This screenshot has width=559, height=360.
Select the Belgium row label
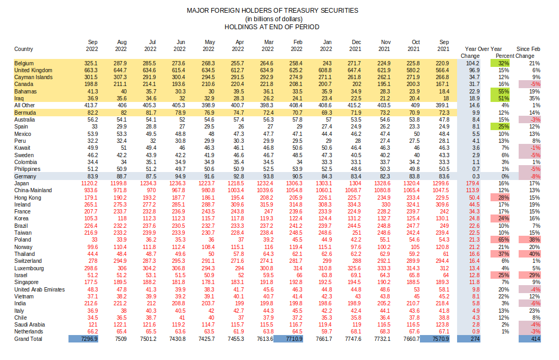[23, 63]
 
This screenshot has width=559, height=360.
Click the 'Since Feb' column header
[528, 49]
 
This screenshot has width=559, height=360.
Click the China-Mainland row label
[33, 190]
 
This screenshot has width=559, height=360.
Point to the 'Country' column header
[23, 49]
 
